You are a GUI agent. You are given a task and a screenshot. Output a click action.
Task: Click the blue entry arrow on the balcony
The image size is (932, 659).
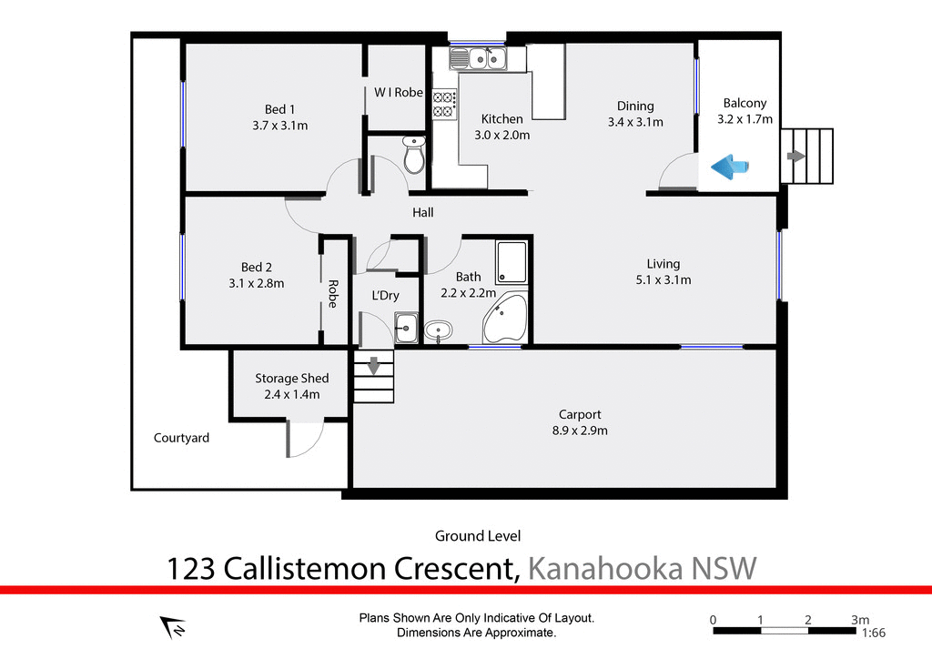point(729,166)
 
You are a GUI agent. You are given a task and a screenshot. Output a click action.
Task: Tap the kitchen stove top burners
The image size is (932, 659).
point(443,103)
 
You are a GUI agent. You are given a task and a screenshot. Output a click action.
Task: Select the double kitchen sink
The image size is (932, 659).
point(478,59)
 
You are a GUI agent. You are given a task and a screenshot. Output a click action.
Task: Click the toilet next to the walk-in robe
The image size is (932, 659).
point(414,156)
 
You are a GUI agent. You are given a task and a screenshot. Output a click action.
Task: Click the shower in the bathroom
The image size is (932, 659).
point(511,261)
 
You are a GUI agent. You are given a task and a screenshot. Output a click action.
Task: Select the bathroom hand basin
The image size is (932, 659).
point(438,330)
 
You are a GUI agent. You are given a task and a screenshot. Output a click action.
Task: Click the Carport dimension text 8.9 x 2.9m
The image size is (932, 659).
point(580,431)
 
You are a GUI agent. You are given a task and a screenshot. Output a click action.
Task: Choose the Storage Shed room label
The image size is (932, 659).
point(291,379)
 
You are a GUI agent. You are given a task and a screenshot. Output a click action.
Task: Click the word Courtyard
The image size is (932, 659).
point(181,438)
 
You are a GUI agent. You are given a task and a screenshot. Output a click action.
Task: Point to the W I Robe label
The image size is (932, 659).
point(399,92)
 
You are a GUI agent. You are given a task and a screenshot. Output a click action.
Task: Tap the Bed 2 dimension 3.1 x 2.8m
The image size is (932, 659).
point(256,283)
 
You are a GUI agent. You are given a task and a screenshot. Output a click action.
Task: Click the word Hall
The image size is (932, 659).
point(422,213)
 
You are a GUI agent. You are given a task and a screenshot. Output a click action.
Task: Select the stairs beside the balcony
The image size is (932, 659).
point(807,157)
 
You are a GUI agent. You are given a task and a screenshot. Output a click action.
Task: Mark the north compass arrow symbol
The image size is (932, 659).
point(173,627)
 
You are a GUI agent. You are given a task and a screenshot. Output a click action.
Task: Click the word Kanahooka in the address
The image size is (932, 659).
point(604,570)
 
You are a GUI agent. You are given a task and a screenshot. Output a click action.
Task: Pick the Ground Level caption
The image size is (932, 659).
point(478,536)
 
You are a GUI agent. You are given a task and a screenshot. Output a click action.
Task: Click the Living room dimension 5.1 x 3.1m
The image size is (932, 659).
point(663,280)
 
